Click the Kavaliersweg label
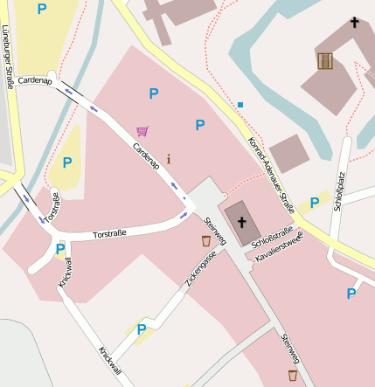pos(279,246)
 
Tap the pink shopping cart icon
pos(142,131)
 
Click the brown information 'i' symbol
pos(168,159)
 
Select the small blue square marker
pos(240,105)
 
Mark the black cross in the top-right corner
pos(354,22)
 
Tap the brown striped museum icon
pos(325,60)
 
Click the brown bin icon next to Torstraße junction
pos(206,240)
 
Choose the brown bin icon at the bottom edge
pos(292,375)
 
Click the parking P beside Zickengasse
pos(142,329)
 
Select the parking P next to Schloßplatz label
pos(313,204)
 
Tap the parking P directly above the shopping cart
pos(154,93)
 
